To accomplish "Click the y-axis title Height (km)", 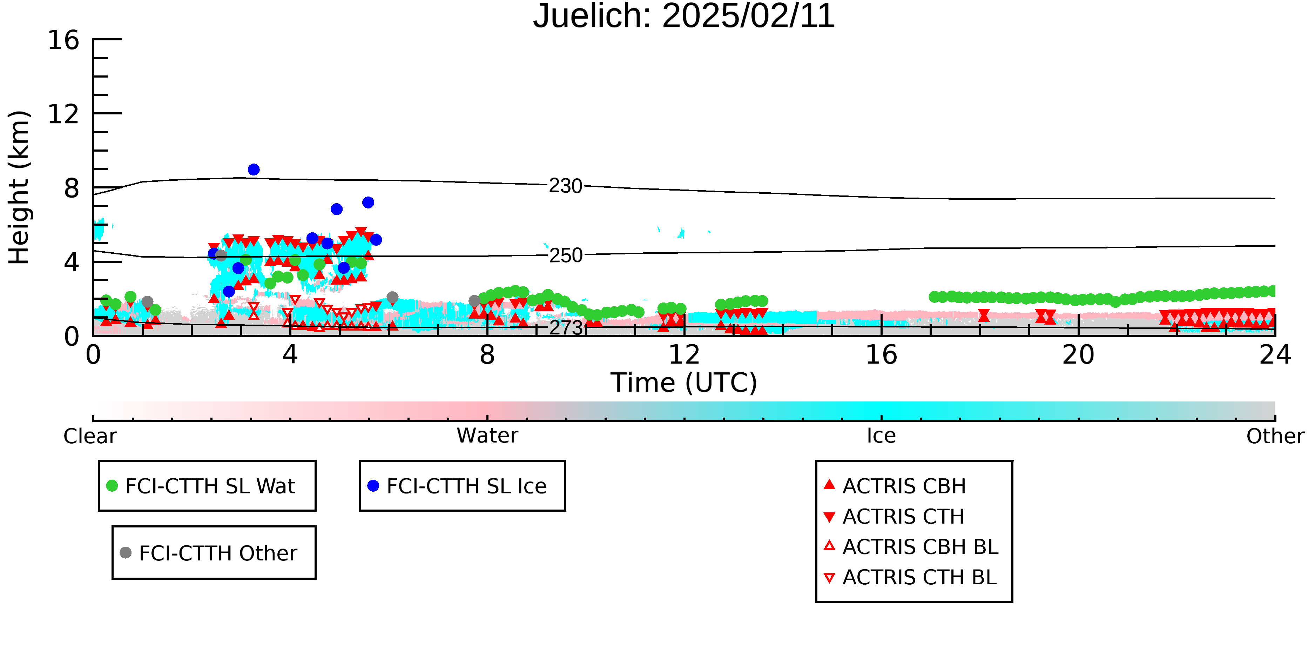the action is coord(19,187).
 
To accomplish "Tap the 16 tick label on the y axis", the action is coord(63,40).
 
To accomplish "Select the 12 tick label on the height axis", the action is coord(63,114).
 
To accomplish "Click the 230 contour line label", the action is coord(565,186).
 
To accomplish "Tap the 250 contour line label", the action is coord(565,255).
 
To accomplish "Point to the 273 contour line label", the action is coord(565,327).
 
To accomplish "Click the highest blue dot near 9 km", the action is coord(254,170).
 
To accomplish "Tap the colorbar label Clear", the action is coord(90,436).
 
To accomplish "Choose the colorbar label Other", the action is coord(1275,436).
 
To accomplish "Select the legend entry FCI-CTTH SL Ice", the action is coord(457,486).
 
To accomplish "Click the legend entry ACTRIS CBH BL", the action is coord(911,547).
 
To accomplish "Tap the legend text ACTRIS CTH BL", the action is coord(919,577).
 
